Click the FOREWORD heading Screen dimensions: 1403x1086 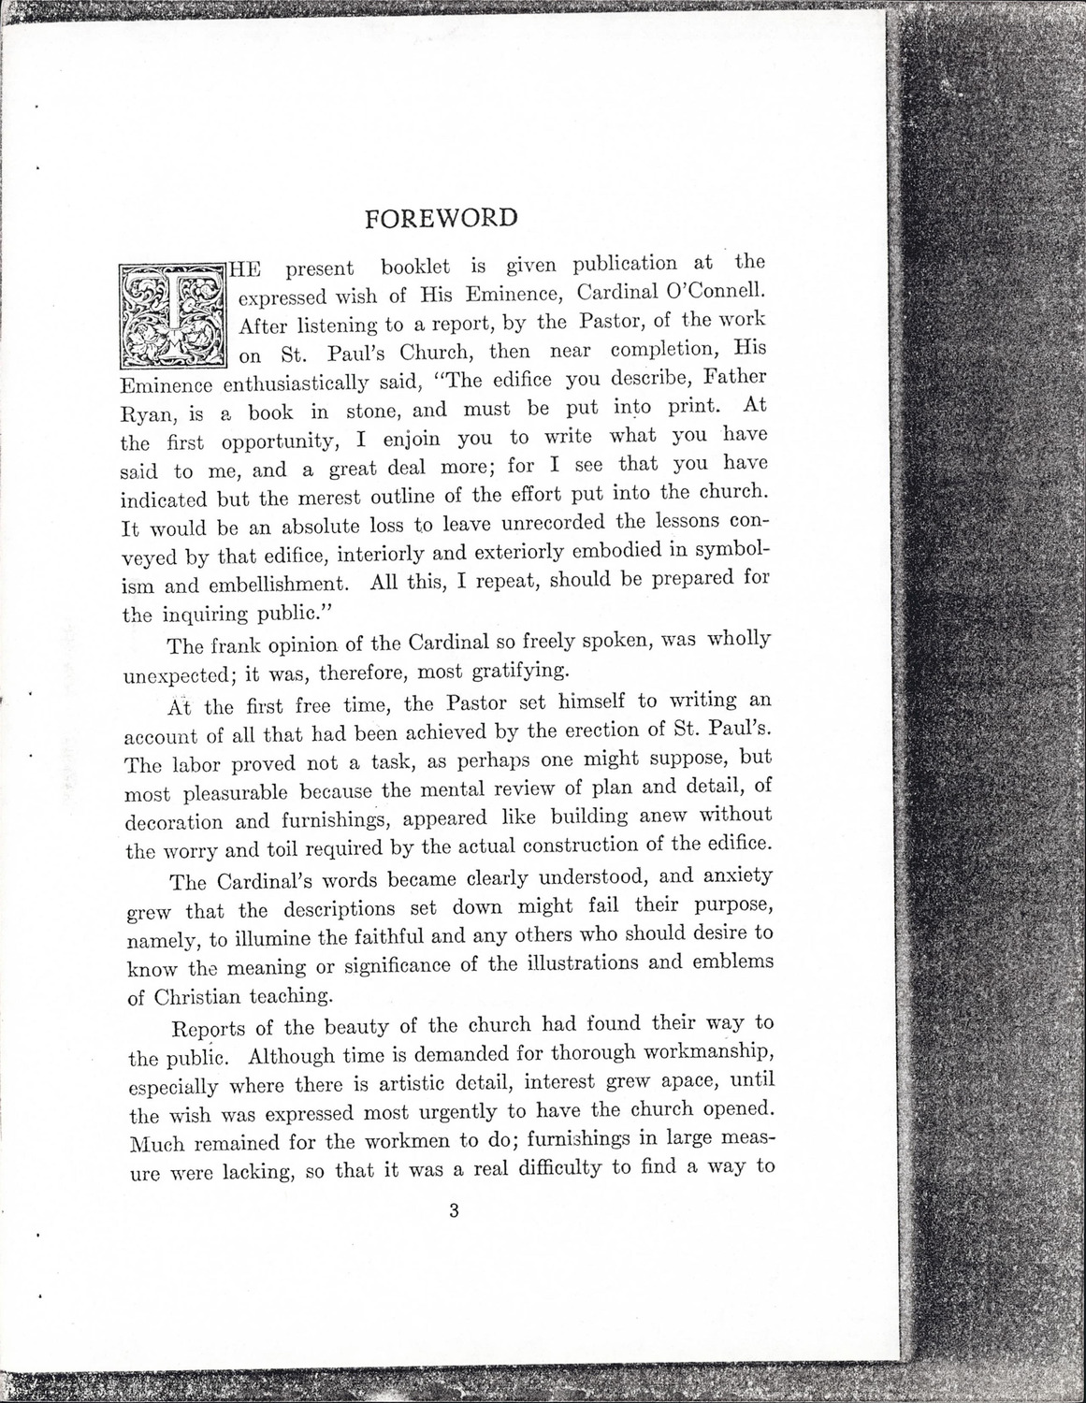click(440, 219)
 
